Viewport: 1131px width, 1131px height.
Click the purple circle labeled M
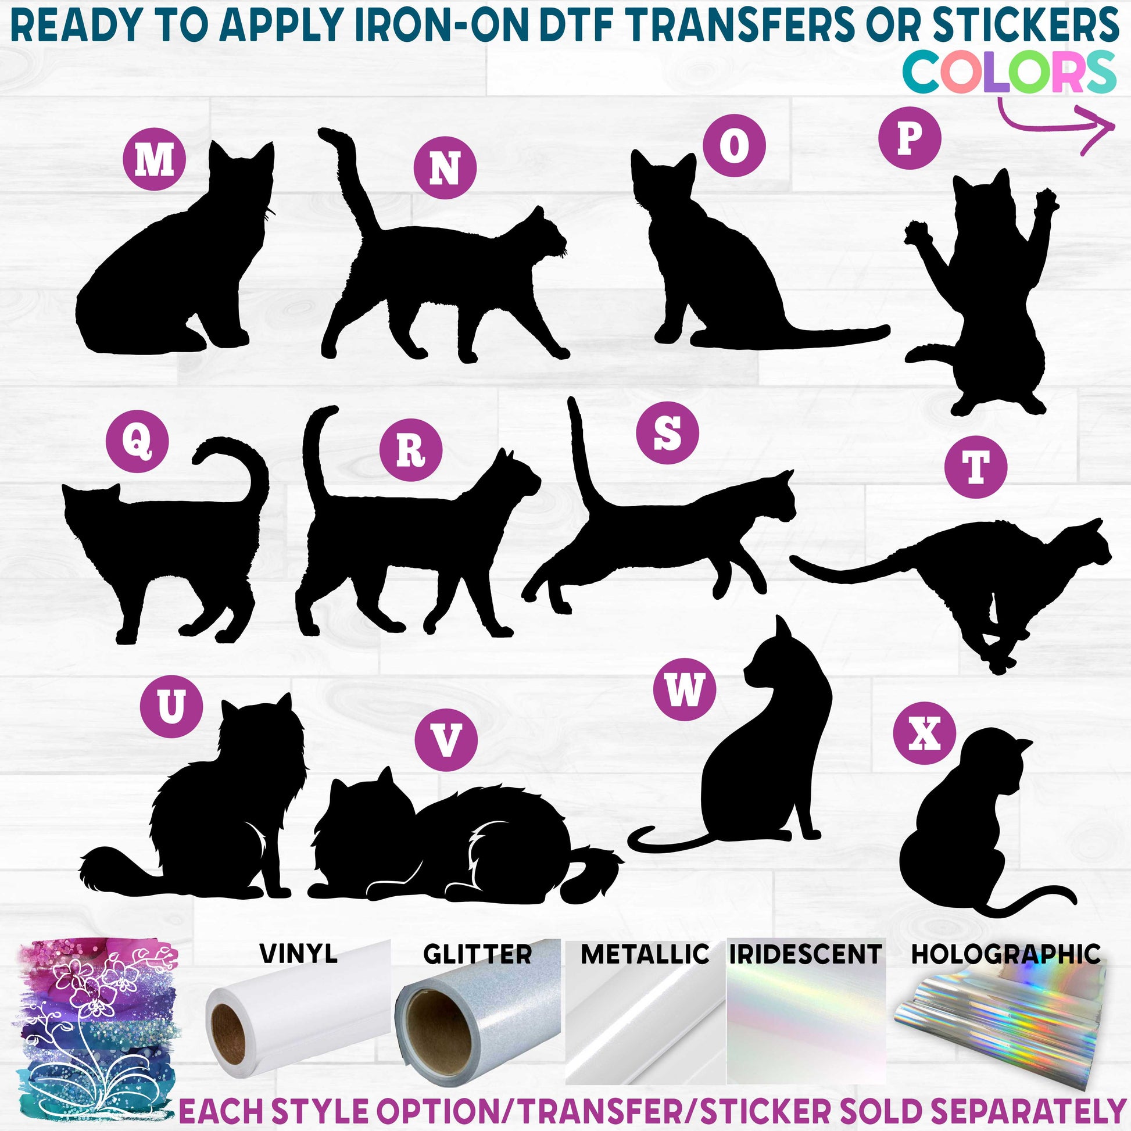pos(155,160)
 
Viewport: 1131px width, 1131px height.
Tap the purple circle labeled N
pos(446,168)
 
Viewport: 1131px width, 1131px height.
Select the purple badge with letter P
pos(910,138)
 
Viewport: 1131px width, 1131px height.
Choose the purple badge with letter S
pos(668,433)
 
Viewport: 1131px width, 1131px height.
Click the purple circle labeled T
pos(976,467)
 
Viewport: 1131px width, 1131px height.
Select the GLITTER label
pos(478,954)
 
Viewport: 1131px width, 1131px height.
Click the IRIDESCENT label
pos(806,954)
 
